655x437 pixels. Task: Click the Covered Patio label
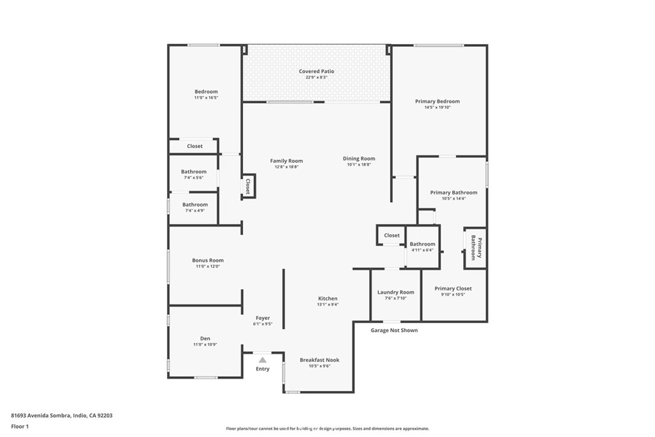pos(317,72)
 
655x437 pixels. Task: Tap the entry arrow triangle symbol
pos(262,360)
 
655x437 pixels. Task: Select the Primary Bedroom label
pos(437,101)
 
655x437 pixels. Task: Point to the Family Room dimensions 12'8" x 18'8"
pos(287,166)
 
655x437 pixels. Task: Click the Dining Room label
pos(359,159)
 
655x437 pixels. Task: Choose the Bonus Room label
pos(208,260)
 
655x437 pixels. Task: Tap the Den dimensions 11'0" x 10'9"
pos(205,345)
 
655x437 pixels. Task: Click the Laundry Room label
pos(395,292)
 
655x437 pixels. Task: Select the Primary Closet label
pos(454,289)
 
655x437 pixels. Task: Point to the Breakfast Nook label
pos(319,360)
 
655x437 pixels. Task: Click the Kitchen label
pos(328,299)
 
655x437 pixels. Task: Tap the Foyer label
pos(263,318)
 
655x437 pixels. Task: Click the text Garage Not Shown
pos(394,331)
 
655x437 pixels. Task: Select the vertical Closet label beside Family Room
pos(248,186)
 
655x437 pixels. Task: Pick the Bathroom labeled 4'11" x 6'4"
pos(422,244)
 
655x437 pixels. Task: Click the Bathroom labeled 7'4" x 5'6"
pos(194,171)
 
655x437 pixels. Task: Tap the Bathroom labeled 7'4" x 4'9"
pos(195,205)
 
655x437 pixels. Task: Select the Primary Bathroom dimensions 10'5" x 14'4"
pos(454,199)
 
